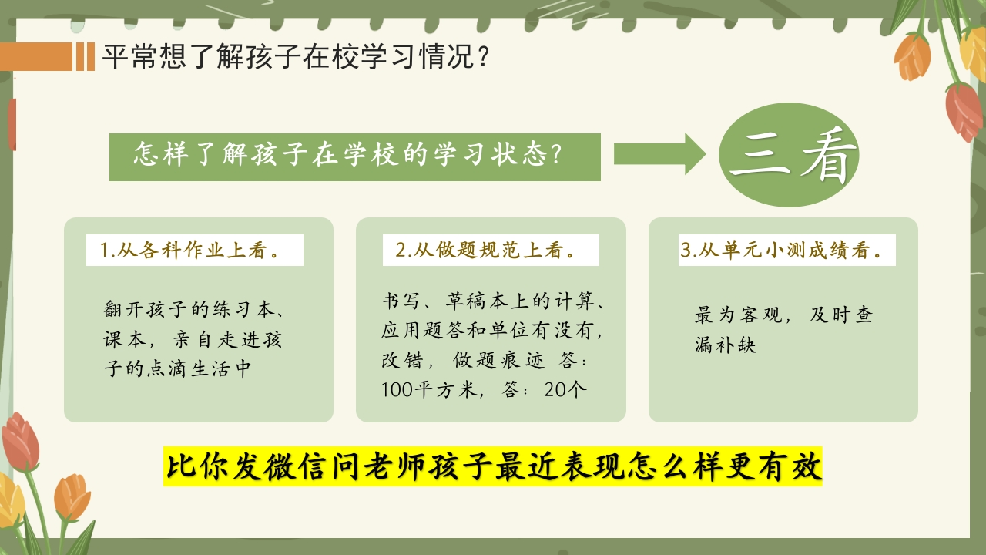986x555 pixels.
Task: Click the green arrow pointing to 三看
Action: point(659,154)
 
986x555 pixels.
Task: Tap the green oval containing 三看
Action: point(789,155)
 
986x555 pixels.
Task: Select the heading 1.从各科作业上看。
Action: point(190,251)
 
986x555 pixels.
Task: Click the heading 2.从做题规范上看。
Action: point(485,251)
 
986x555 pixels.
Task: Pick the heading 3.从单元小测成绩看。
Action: point(782,251)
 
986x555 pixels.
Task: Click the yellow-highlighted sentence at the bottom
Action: point(493,467)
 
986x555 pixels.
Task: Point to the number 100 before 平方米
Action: point(397,390)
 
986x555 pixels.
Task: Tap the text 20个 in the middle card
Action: point(565,390)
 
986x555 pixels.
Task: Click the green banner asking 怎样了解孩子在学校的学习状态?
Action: point(355,156)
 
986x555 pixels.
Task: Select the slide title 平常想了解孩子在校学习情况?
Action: point(296,56)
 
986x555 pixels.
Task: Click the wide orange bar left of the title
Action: point(36,56)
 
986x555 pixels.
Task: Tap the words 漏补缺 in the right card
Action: point(726,345)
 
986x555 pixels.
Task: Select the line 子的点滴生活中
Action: point(177,368)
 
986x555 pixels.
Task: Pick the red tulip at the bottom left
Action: point(20,442)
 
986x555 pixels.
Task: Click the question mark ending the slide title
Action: point(483,56)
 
